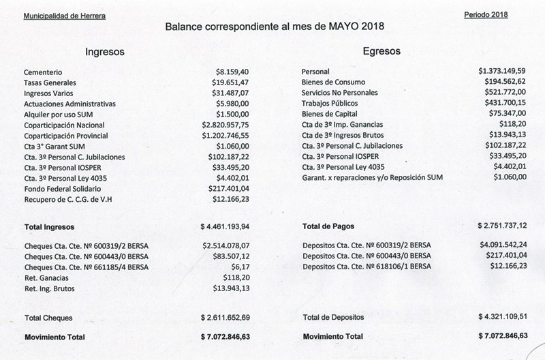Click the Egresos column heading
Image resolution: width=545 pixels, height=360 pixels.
pyautogui.click(x=381, y=51)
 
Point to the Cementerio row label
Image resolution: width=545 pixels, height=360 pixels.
pyautogui.click(x=44, y=72)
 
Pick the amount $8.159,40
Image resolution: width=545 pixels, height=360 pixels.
pyautogui.click(x=232, y=71)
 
